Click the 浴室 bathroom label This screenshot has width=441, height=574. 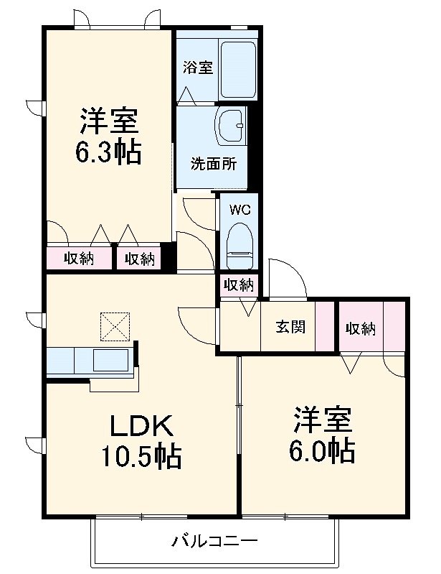click(x=197, y=68)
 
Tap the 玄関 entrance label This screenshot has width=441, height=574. click(x=291, y=328)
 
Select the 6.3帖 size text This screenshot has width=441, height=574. click(x=108, y=152)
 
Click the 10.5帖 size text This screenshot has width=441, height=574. click(x=141, y=455)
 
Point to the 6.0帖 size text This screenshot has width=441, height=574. click(x=323, y=450)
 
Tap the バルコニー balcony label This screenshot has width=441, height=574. click(x=214, y=540)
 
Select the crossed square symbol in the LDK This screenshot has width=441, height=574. click(x=113, y=326)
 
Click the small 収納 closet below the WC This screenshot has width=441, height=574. click(x=237, y=284)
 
